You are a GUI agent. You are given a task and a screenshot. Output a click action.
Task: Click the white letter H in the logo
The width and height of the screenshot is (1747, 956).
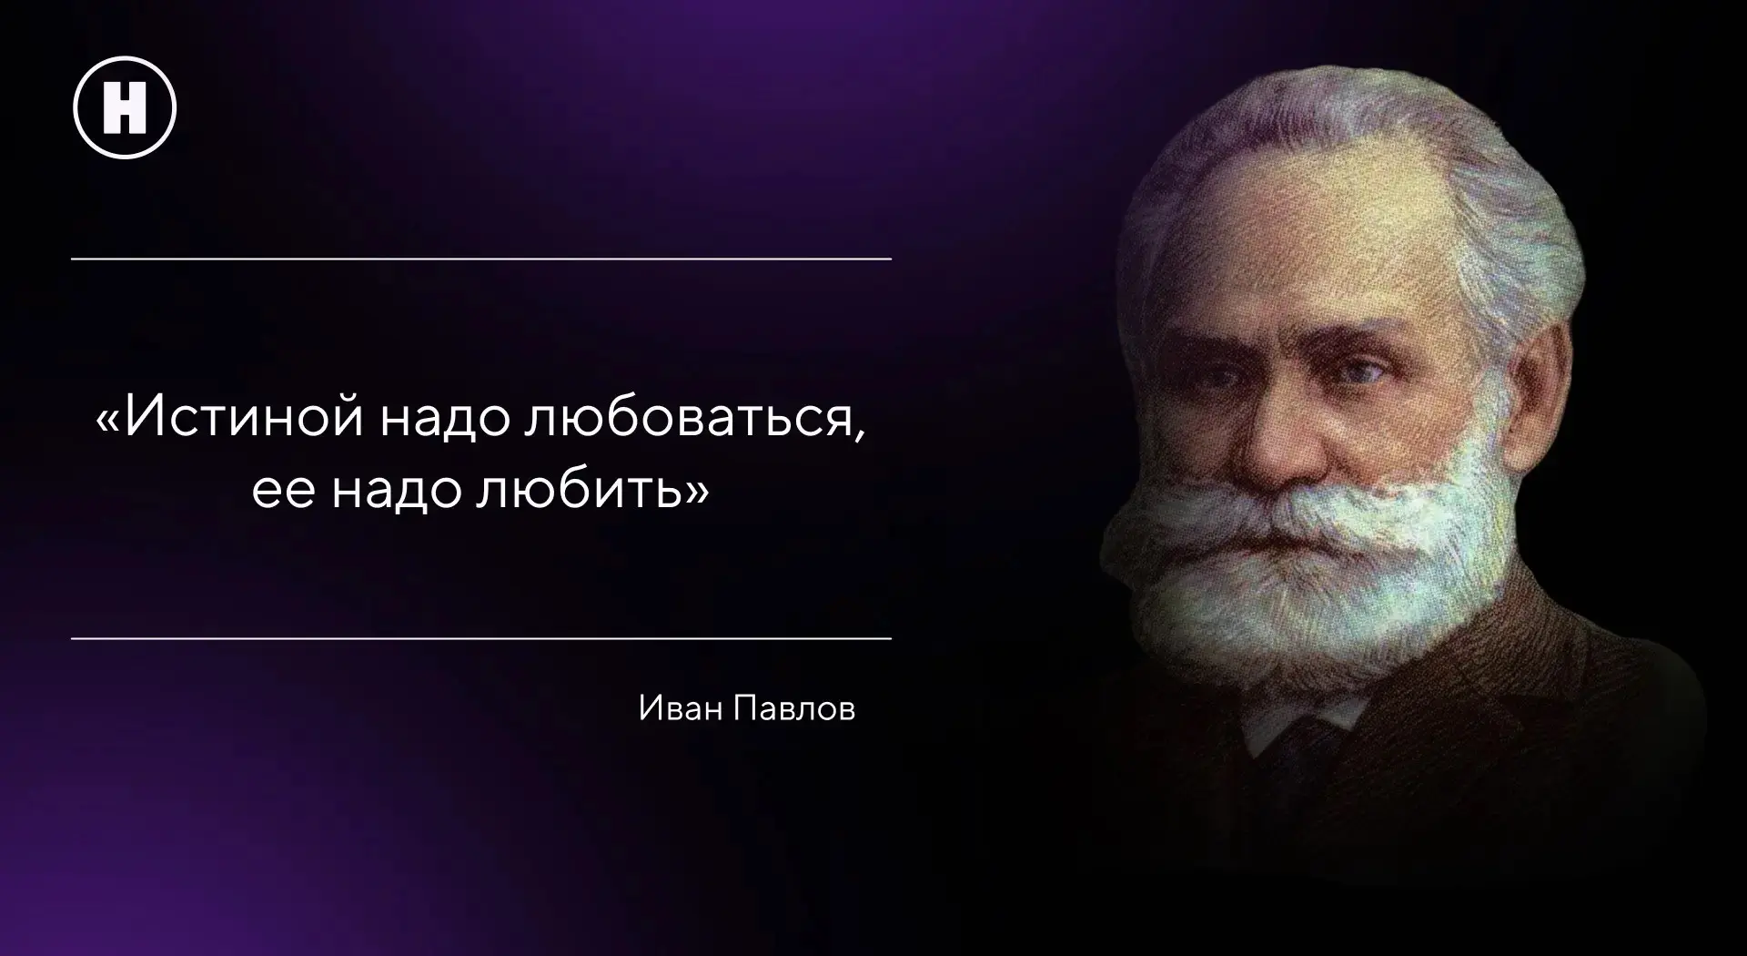(125, 107)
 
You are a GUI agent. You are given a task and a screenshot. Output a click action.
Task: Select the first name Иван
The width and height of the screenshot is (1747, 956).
(678, 708)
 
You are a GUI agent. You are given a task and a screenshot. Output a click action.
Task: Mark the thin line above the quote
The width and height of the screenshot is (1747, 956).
(481, 259)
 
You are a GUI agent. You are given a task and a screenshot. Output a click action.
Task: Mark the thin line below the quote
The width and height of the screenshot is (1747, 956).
(481, 639)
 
